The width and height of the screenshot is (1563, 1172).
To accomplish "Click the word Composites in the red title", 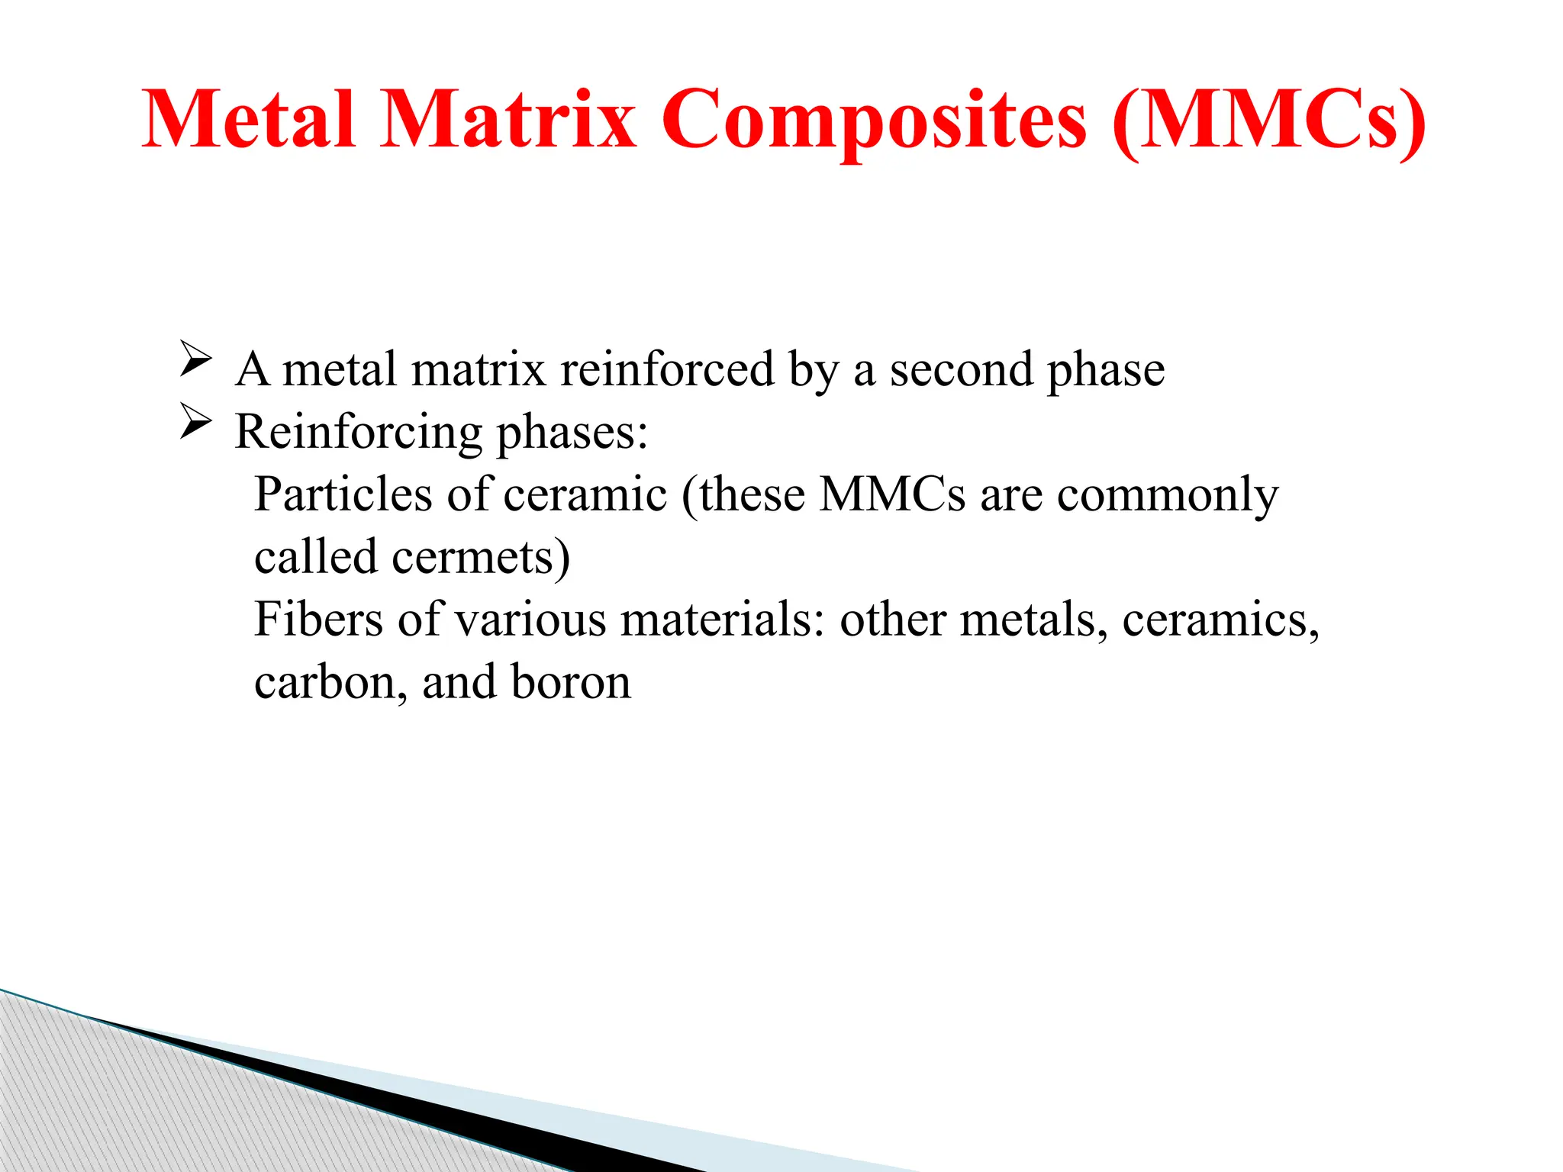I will pyautogui.click(x=874, y=121).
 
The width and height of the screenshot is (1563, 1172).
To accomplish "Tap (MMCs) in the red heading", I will pyautogui.click(x=1268, y=121).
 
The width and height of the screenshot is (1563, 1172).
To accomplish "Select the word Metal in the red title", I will pyautogui.click(x=249, y=121).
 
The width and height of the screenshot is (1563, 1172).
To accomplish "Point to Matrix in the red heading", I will pyautogui.click(x=508, y=121).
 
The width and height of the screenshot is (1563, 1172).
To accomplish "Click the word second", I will pyautogui.click(x=961, y=369).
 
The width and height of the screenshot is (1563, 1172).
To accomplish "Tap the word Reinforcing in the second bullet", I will pyautogui.click(x=358, y=433).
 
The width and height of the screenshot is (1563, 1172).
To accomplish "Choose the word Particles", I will pyautogui.click(x=343, y=494).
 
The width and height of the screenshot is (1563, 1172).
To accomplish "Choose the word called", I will pyautogui.click(x=315, y=557).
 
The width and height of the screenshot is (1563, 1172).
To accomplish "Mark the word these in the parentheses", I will pyautogui.click(x=752, y=494).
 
